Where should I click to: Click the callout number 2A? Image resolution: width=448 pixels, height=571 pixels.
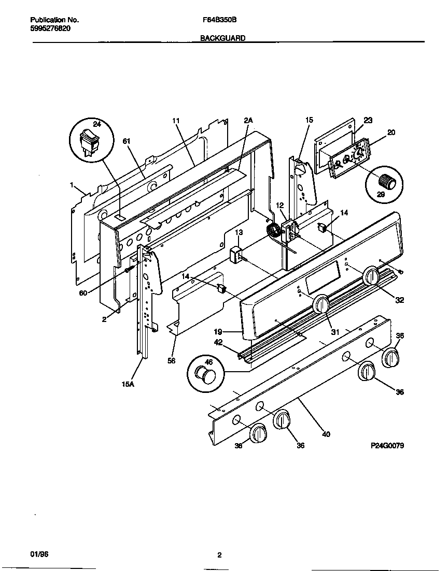click(x=248, y=120)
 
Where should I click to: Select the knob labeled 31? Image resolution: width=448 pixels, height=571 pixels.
click(x=321, y=304)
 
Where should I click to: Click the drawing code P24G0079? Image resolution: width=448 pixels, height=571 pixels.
click(x=387, y=445)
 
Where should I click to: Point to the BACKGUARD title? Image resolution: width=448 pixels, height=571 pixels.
click(x=223, y=38)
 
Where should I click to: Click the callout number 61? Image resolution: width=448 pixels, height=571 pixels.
click(x=126, y=141)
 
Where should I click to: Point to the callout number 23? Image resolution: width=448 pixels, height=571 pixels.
click(x=368, y=120)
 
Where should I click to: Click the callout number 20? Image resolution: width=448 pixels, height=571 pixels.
click(x=391, y=132)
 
